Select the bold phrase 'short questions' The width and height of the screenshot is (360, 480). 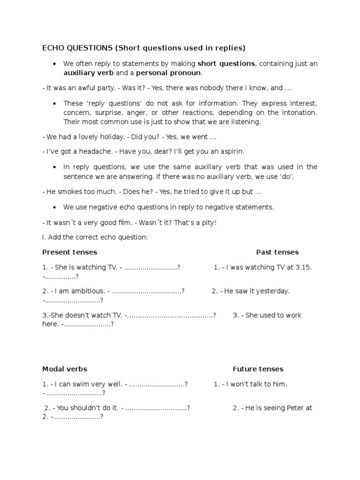(226, 64)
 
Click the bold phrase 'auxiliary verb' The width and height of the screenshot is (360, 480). (87, 73)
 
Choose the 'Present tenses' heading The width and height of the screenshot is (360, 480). (69, 252)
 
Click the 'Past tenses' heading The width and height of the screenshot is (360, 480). (277, 252)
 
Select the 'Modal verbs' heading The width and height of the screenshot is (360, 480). (65, 369)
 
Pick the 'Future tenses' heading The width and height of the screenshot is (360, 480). (258, 369)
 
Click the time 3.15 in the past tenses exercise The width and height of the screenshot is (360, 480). (304, 267)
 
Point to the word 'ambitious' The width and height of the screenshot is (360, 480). (84, 291)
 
